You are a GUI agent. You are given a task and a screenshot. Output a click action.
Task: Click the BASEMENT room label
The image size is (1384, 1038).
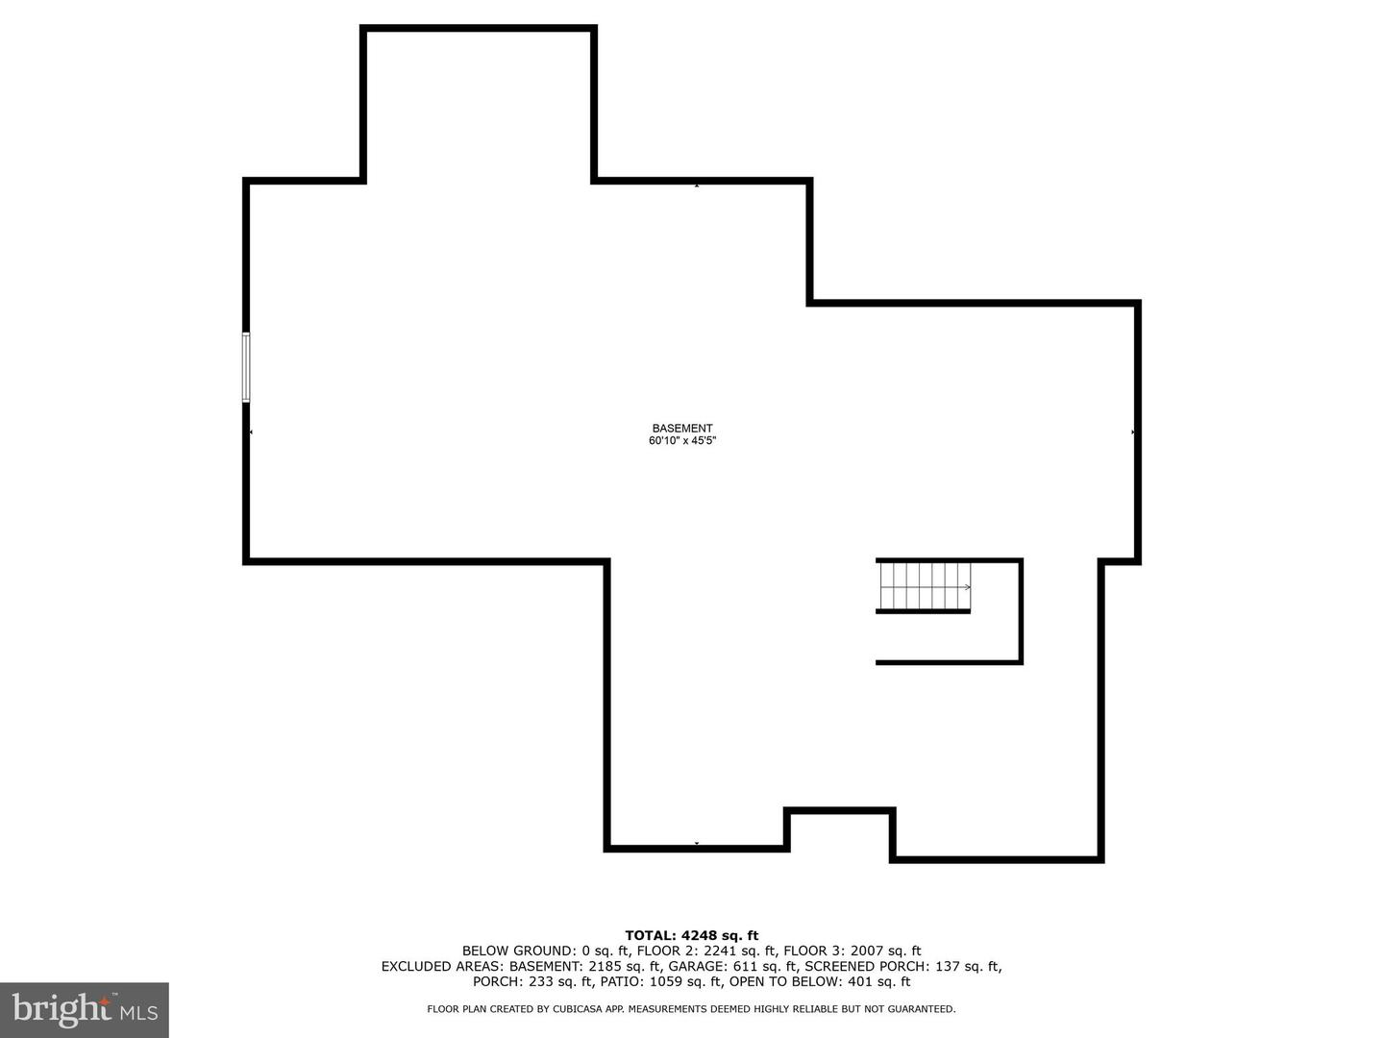682,428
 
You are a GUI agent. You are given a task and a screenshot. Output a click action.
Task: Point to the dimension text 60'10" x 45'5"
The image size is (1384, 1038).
682,440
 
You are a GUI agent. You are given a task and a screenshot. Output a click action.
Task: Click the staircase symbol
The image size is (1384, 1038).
925,586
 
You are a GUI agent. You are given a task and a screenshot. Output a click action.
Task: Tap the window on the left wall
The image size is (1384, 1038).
246,367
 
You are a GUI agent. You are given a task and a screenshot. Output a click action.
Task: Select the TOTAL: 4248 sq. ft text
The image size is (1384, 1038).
692,935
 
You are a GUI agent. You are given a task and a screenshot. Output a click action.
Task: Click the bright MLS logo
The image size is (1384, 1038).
85,1010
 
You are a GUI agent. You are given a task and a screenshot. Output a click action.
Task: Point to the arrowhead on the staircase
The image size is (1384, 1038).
968,586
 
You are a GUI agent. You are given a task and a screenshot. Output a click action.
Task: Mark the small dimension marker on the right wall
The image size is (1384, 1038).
1132,432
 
